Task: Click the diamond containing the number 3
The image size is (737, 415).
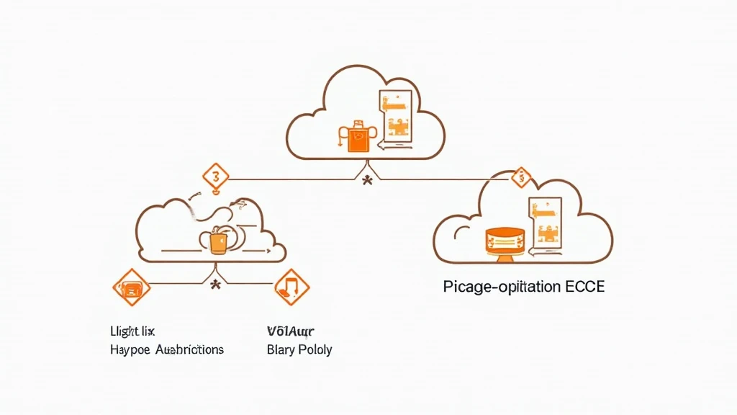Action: (216, 176)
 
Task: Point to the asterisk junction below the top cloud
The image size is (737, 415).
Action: (367, 180)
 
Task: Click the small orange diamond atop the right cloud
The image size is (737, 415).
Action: (520, 177)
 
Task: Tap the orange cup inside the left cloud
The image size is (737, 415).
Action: (218, 241)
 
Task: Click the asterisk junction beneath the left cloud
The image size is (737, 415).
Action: (214, 285)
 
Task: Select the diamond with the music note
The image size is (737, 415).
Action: (291, 287)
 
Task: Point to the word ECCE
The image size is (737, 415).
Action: (584, 287)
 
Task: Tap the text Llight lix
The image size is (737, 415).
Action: (132, 331)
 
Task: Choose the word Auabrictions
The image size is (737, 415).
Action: (188, 349)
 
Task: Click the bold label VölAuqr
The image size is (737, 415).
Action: (291, 331)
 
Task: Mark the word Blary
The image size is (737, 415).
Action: (281, 349)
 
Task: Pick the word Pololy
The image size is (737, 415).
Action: (316, 349)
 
